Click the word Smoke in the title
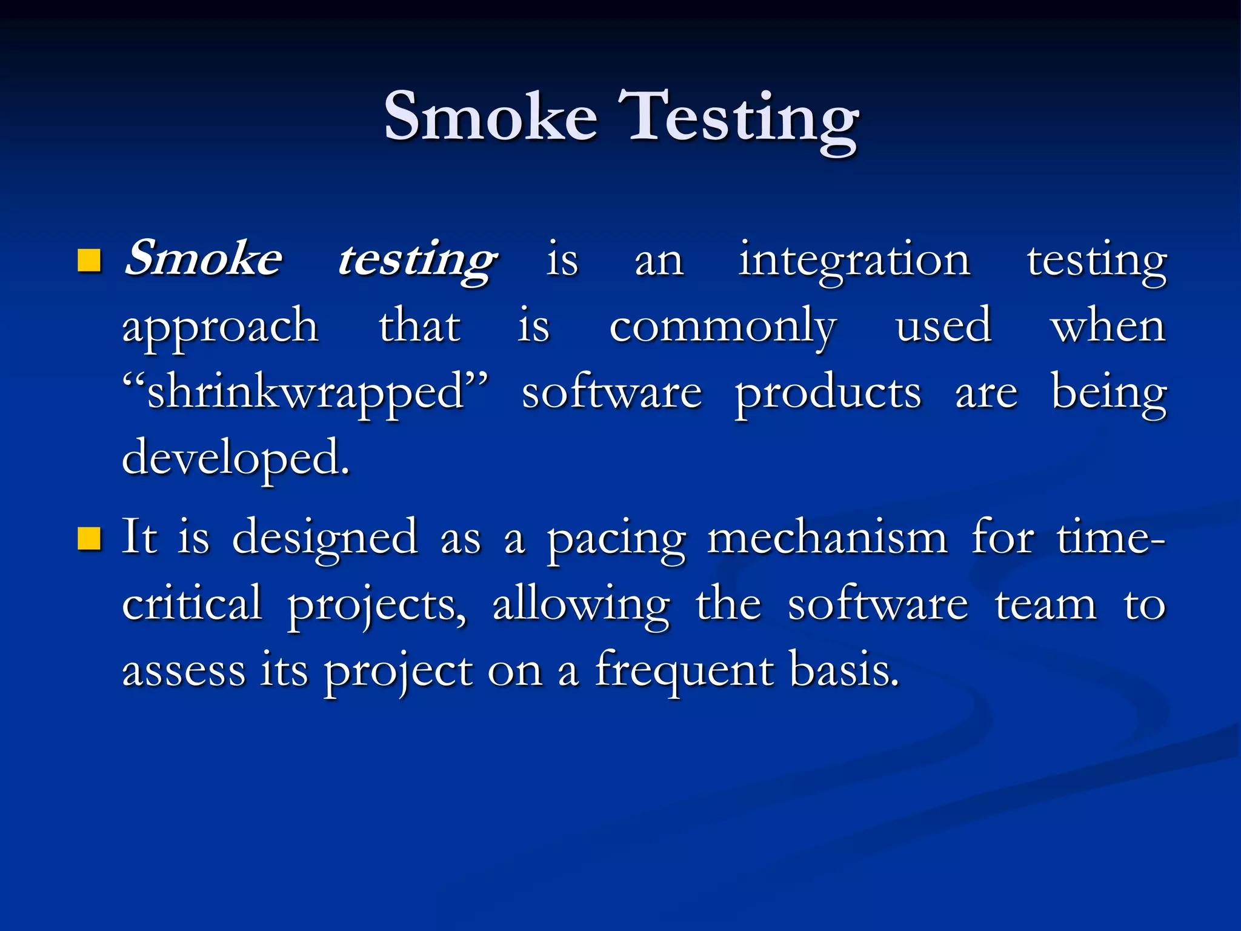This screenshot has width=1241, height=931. pos(491,116)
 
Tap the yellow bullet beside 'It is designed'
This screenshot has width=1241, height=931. pos(89,538)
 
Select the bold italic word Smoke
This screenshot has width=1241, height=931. pos(203,259)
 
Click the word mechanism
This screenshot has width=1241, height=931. pos(827,538)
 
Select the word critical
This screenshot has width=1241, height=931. pos(192,604)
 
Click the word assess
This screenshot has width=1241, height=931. pos(184,672)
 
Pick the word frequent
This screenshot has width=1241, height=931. pos(684,672)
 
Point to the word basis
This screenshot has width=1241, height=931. pos(844,670)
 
